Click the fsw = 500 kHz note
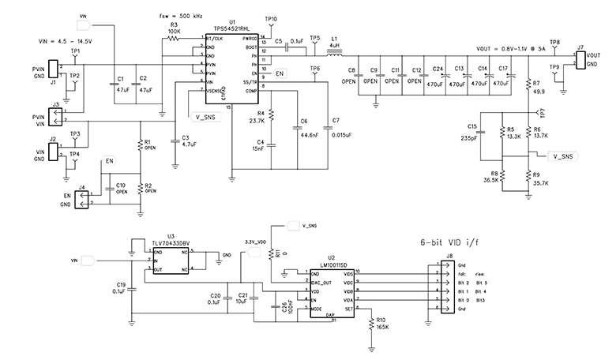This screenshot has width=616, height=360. (x=180, y=14)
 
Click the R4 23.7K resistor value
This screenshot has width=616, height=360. (x=256, y=122)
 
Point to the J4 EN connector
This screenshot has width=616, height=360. (x=81, y=204)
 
